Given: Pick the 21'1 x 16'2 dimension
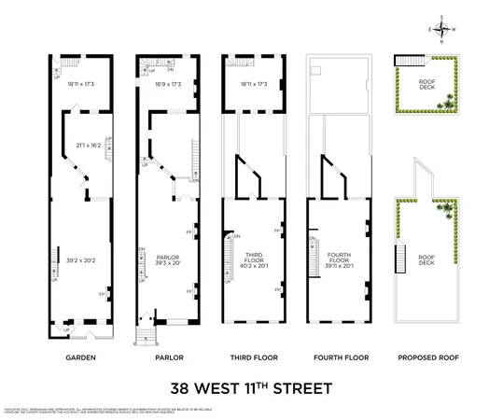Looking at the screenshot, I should pyautogui.click(x=89, y=146).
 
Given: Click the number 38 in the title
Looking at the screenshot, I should pyautogui.click(x=180, y=386).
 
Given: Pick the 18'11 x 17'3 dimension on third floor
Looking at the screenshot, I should pyautogui.click(x=254, y=84).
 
